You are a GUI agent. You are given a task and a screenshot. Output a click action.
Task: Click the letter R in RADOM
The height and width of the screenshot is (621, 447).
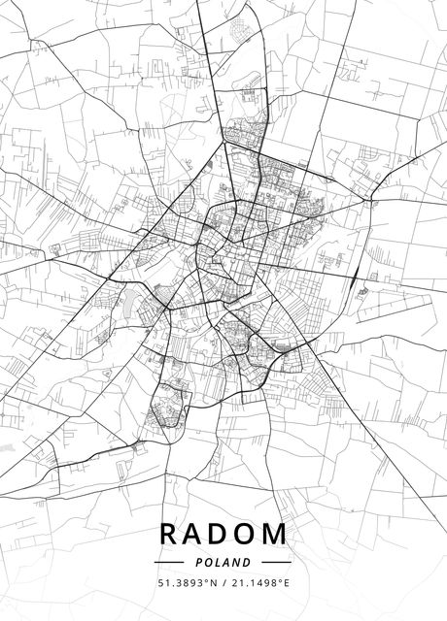pos(168,534)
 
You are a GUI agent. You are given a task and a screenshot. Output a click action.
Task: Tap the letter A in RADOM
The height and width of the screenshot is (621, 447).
pos(195,534)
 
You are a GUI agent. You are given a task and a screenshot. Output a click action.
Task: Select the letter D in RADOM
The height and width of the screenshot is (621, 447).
pos(223,534)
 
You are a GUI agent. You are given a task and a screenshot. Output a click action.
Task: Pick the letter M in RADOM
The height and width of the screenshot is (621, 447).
pos(277,534)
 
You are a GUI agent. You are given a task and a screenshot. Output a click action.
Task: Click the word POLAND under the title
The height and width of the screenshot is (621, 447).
pos(223,562)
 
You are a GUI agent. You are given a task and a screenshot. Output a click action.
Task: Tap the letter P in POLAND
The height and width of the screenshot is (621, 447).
pos(200,562)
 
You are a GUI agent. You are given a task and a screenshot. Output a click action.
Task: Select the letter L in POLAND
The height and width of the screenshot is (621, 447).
pos(218,562)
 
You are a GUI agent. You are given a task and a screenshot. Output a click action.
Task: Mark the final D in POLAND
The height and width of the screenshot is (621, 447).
pos(247,562)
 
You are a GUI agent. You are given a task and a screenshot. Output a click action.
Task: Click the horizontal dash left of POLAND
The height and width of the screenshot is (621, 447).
pos(170,562)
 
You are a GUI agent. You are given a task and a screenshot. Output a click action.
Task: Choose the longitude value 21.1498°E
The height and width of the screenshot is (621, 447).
pos(260,583)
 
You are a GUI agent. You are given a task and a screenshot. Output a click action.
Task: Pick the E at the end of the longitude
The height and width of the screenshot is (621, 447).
pos(287,583)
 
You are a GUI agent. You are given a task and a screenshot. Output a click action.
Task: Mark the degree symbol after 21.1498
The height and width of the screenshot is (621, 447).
pos(280,580)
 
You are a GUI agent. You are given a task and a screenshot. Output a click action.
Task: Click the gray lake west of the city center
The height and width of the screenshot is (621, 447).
pos(127,303)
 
